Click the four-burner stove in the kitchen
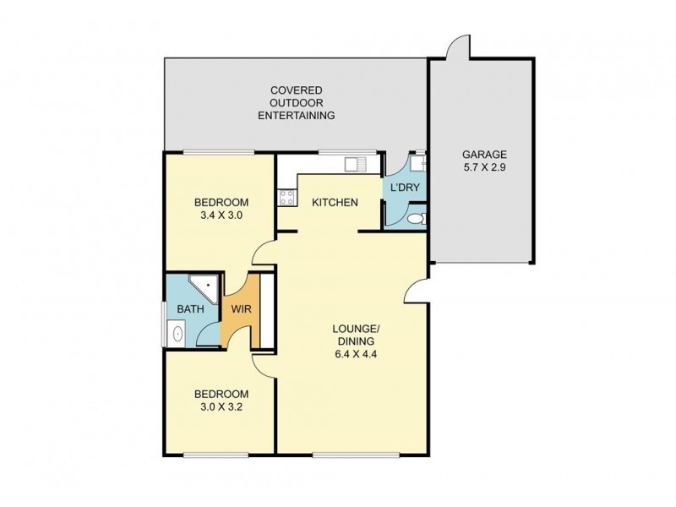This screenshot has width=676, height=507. [x=286, y=198]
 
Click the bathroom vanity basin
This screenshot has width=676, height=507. [x=177, y=333]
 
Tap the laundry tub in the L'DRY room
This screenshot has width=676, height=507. [x=418, y=163]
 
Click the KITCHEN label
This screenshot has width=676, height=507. [x=335, y=203]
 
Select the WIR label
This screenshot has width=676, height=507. [x=241, y=309]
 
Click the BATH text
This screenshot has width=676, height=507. [x=189, y=309]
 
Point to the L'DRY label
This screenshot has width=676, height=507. [x=403, y=188]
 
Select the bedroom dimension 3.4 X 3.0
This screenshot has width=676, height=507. [x=221, y=215]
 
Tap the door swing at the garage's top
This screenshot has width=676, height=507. [x=456, y=46]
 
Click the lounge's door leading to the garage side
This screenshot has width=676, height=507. [x=414, y=292]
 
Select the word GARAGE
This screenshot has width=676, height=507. [x=483, y=155]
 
